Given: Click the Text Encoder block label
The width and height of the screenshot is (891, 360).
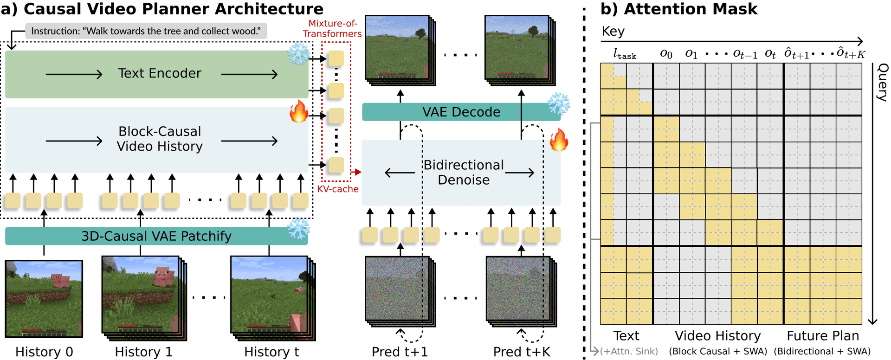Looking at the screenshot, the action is click(x=159, y=73).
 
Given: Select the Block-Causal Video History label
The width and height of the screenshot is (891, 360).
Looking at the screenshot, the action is click(x=160, y=139).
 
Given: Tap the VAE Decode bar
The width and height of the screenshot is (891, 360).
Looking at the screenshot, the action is click(x=461, y=112).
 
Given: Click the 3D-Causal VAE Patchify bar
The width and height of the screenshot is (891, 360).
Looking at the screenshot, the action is click(x=156, y=236).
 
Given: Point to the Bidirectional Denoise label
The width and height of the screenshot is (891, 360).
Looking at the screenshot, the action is click(x=464, y=172).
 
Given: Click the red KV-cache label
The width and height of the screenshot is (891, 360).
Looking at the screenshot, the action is click(x=338, y=189).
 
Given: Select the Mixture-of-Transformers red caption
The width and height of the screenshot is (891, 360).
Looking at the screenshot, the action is click(x=332, y=28).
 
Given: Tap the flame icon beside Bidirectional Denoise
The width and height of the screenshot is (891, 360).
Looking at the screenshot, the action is click(x=559, y=140).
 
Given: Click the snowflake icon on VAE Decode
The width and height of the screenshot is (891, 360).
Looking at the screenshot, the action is click(x=559, y=104).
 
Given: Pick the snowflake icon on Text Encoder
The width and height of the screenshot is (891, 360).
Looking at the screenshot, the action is click(x=298, y=54).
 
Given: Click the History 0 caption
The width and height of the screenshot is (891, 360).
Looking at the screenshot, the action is click(x=44, y=352).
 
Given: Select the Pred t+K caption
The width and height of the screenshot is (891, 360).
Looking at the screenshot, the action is click(x=522, y=352).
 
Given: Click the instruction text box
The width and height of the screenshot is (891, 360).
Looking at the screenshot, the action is click(x=146, y=31).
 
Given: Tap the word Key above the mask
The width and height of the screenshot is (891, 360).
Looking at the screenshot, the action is click(x=613, y=31).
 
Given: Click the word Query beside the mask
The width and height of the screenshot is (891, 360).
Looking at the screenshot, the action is click(x=882, y=82).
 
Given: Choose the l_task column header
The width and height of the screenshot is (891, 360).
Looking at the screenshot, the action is click(x=625, y=54).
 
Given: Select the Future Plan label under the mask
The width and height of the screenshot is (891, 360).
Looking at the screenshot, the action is click(x=823, y=335).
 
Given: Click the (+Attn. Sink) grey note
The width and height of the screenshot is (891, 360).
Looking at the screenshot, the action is click(x=629, y=351).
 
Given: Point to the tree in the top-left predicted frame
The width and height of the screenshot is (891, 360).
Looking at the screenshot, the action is click(x=420, y=34).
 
